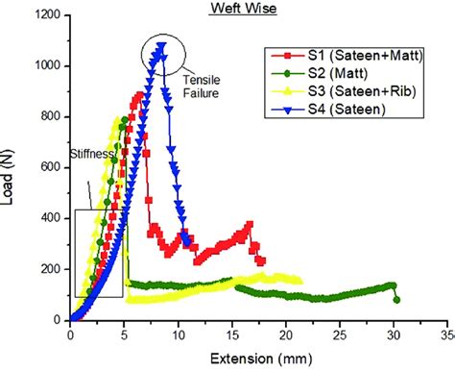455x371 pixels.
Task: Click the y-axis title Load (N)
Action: pos(12,169)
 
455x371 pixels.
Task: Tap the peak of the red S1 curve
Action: pos(138,94)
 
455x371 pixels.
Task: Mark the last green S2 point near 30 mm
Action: pos(396,300)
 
